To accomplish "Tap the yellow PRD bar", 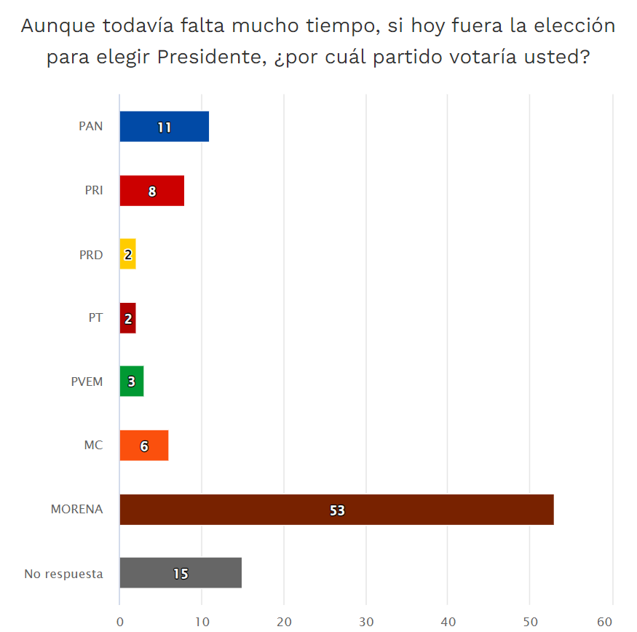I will (128, 255).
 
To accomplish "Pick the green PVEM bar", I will (132, 382).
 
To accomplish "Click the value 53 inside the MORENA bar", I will (336, 510).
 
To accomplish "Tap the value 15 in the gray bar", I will (181, 574).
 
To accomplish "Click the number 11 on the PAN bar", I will (164, 127).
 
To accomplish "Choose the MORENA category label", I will (76, 510).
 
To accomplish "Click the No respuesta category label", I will (63, 574).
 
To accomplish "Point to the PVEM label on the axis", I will (87, 382).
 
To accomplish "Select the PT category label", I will (95, 318).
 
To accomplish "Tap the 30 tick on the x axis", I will (366, 622).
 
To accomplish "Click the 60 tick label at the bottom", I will (604, 622).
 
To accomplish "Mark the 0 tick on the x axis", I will (119, 622).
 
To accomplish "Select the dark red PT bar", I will (128, 318).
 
